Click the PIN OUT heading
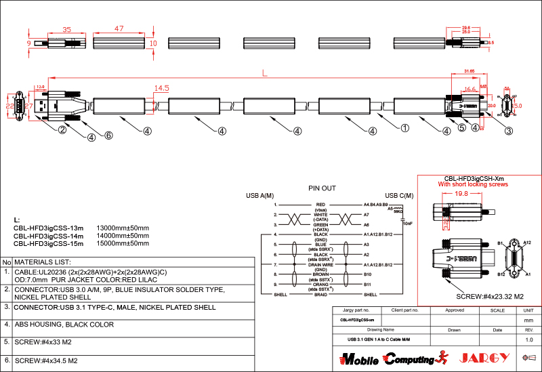322,188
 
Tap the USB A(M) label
259,195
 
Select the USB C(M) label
398,195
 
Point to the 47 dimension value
119,29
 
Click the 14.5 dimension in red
161,88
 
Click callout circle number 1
404,127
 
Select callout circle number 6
108,135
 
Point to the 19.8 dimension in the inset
461,194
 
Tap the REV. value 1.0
529,339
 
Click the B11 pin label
367,284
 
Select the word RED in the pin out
321,204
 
